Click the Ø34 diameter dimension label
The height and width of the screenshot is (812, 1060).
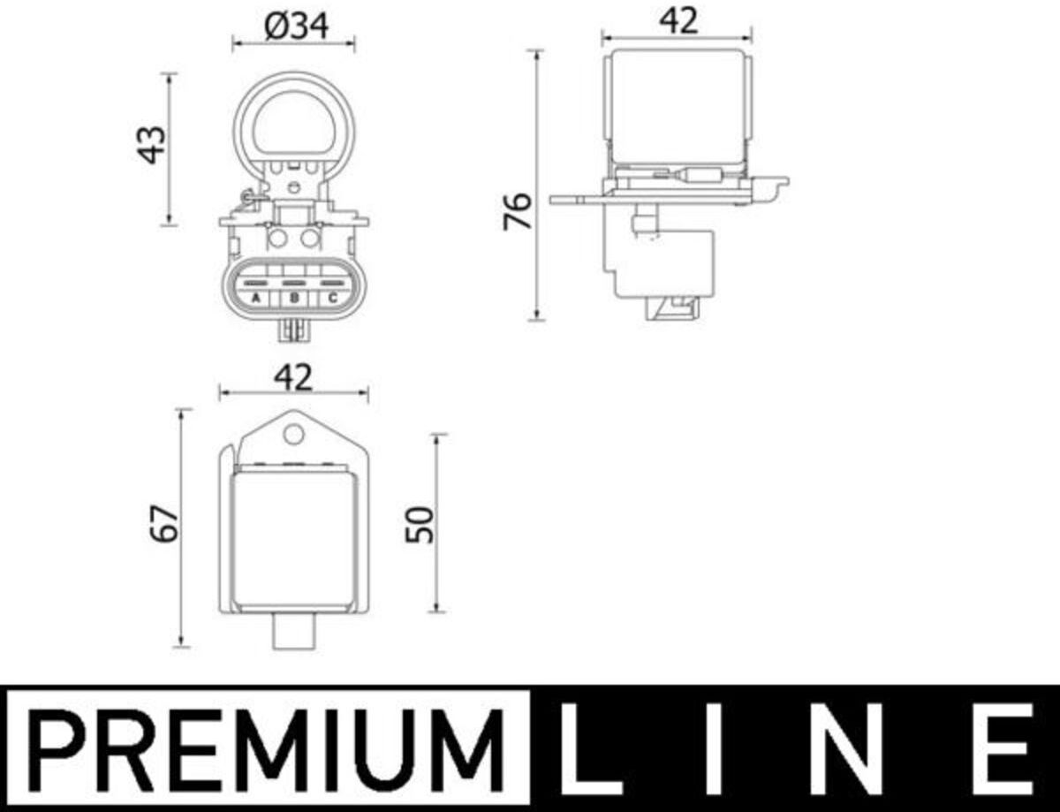pos(296,27)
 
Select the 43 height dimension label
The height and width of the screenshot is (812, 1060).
pos(151,145)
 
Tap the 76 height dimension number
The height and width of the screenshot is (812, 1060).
pos(518,211)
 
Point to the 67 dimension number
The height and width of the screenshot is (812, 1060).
pos(164,525)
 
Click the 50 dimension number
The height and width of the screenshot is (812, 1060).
pos(420,525)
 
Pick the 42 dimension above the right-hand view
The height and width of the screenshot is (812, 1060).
pos(678,21)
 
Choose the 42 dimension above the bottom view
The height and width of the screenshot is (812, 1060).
pos(292,377)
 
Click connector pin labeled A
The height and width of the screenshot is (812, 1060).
pos(255,298)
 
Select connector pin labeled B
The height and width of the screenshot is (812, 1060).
pos(294,298)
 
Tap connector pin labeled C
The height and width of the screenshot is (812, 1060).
pos(333,298)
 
